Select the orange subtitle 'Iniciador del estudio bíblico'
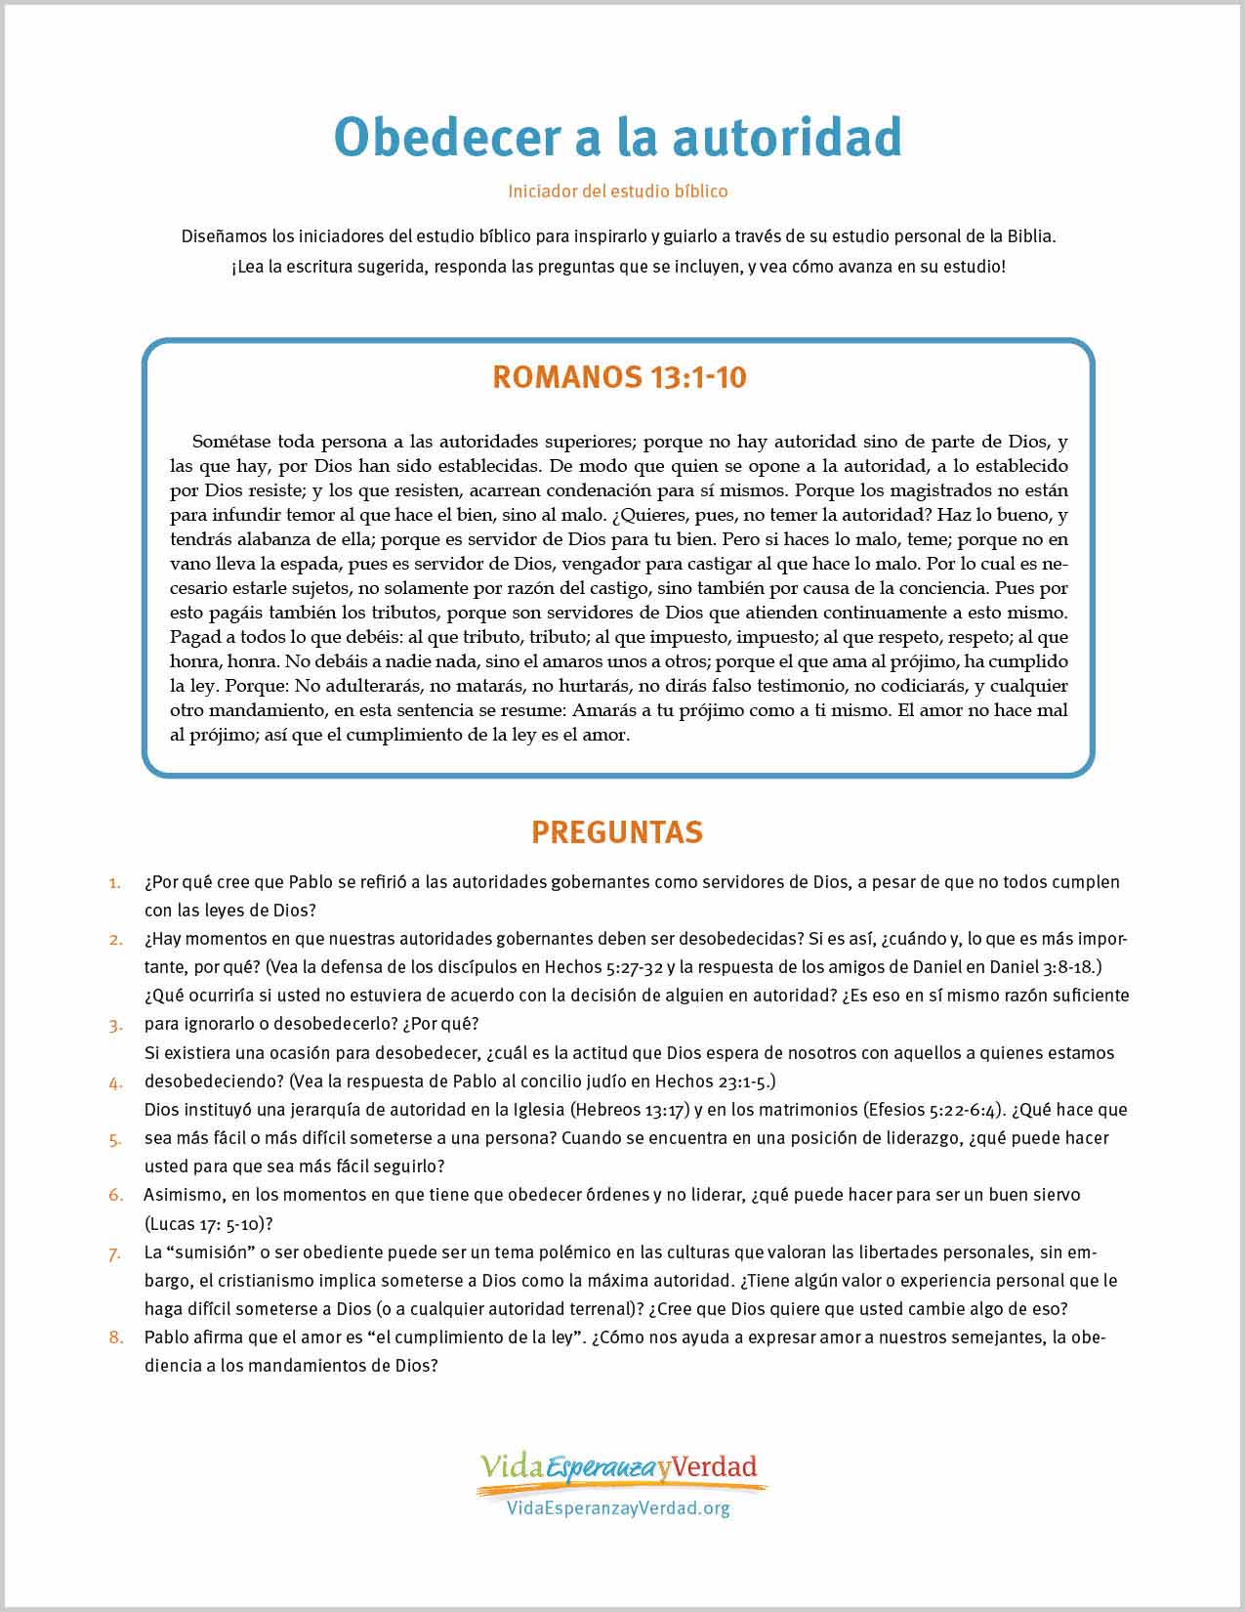point(617,191)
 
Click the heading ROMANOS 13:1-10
point(619,377)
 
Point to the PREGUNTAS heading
point(617,831)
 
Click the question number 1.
point(115,882)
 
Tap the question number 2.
point(115,940)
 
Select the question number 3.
point(115,1025)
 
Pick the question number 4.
point(115,1082)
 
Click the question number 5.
point(115,1139)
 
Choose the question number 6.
point(115,1195)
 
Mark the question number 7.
point(115,1252)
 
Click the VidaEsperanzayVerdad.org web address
point(619,1507)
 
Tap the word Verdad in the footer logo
point(715,1466)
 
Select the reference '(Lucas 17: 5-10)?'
point(207,1223)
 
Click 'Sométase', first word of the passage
point(230,441)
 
